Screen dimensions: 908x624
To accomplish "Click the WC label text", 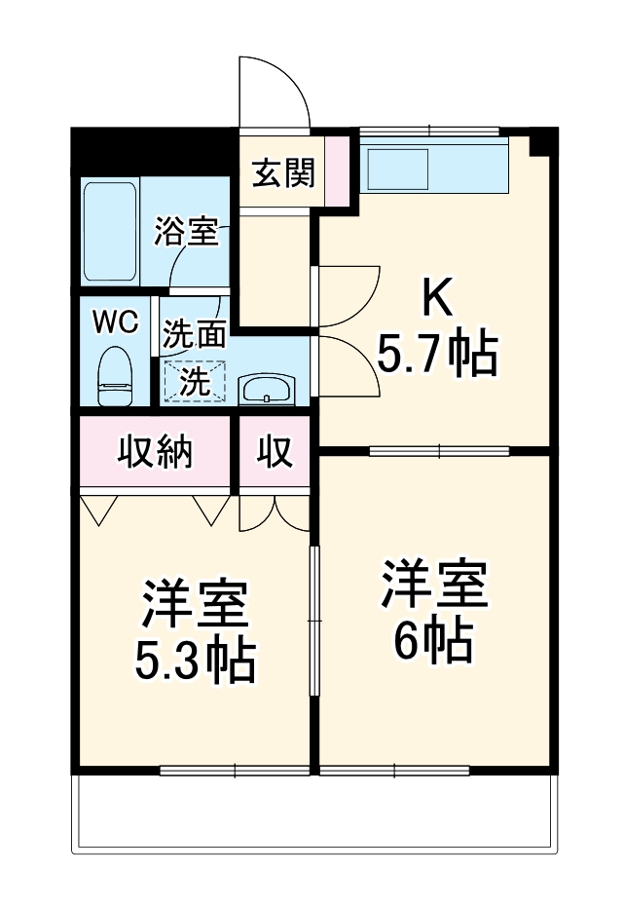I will [x=115, y=322].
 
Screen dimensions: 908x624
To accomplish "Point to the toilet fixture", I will [x=116, y=375].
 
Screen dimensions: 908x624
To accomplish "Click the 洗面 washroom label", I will [x=194, y=335].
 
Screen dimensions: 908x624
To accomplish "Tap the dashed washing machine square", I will [x=194, y=381].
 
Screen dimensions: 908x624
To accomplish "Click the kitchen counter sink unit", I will [x=433, y=167].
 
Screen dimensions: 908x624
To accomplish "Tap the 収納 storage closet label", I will [x=156, y=452].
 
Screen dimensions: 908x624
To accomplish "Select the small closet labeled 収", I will [x=275, y=452].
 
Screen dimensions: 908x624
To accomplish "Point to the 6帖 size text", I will [x=433, y=639].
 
